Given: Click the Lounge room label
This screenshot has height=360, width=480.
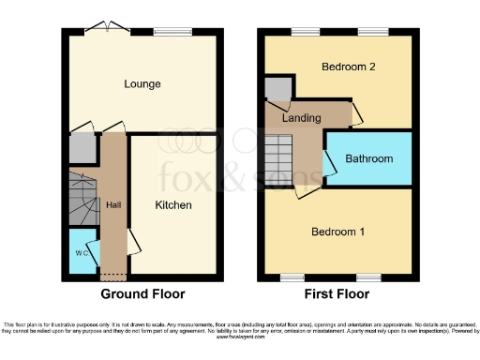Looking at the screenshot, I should [142, 84].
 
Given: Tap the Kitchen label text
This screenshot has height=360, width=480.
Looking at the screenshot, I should [173, 205].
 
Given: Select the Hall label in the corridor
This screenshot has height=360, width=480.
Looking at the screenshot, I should [113, 204].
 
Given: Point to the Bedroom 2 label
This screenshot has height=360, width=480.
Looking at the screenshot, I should [349, 67].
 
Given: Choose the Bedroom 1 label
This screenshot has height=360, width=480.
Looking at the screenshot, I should [338, 232].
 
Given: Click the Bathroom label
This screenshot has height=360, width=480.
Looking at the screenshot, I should [369, 158].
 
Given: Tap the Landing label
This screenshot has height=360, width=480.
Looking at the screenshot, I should [303, 118].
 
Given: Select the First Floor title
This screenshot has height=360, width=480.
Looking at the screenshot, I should [337, 292].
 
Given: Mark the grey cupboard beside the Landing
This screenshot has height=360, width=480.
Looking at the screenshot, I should [277, 90].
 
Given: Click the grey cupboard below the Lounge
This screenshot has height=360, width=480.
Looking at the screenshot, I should [82, 148].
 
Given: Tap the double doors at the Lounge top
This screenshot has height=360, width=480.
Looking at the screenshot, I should [101, 28].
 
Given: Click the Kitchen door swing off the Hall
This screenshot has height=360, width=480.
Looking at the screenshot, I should [133, 241].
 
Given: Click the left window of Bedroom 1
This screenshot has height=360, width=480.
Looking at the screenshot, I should [292, 277].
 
